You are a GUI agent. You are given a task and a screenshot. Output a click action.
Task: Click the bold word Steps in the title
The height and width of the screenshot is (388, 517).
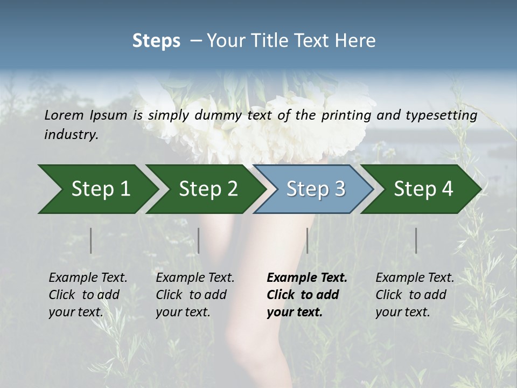coord(156,41)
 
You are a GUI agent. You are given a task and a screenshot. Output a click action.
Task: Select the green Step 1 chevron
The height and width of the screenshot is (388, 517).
coord(97,189)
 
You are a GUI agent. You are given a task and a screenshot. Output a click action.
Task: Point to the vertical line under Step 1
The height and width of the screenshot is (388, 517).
coord(91,240)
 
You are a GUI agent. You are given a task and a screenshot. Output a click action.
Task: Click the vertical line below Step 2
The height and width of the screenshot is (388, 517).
coord(199,240)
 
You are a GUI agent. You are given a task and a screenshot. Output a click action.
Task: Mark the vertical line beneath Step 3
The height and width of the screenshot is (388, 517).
coord(307,240)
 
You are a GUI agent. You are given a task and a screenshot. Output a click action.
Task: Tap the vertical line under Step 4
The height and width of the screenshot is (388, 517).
coord(416,240)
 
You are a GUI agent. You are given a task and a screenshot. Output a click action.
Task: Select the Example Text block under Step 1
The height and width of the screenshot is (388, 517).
coord(88,295)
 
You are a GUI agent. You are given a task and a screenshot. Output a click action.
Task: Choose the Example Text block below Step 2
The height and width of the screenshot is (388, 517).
coord(195,295)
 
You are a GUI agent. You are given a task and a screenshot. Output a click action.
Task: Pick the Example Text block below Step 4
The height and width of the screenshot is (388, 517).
coord(415,295)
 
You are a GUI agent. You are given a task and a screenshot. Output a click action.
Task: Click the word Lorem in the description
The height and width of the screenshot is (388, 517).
coord(64,115)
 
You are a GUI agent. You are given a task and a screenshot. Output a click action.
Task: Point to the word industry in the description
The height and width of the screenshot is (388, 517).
coord(71,135)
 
